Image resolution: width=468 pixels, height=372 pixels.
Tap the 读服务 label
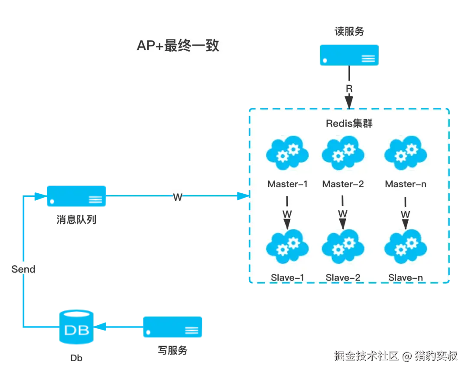click(x=349, y=31)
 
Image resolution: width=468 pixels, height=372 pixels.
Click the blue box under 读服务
click(x=349, y=55)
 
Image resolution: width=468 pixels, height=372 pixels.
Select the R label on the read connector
click(x=349, y=88)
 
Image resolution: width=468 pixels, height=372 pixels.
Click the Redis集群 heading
click(x=349, y=124)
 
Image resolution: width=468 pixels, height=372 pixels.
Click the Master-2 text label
click(x=343, y=184)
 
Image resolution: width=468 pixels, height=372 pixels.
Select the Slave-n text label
click(x=406, y=277)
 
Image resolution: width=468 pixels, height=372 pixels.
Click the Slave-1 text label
click(x=287, y=277)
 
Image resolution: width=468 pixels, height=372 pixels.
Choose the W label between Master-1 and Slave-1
click(x=287, y=214)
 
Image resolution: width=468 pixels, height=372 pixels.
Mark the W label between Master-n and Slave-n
click(x=405, y=214)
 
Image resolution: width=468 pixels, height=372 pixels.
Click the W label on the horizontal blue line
click(x=178, y=197)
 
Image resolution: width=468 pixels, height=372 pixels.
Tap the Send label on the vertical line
click(x=23, y=269)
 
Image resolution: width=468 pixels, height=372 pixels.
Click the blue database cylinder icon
click(x=76, y=327)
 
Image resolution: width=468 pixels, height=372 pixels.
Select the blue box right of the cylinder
click(x=173, y=327)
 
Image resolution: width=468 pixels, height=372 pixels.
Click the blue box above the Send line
click(x=76, y=196)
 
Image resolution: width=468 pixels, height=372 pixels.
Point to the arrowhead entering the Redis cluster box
click(x=241, y=197)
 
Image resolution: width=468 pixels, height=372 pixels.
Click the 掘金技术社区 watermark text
click(x=366, y=356)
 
